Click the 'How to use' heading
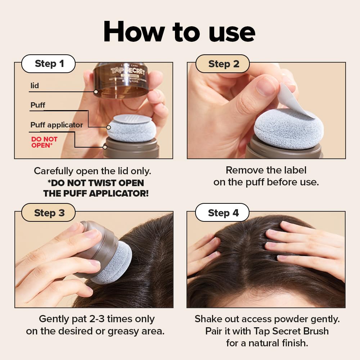click(x=179, y=32)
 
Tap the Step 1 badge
click(x=49, y=64)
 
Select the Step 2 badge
click(x=223, y=64)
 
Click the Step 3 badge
click(x=49, y=213)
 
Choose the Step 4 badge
click(x=223, y=213)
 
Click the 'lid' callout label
click(x=35, y=86)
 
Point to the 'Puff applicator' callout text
click(x=57, y=125)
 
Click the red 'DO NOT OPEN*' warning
click(x=44, y=142)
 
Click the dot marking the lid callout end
click(x=96, y=92)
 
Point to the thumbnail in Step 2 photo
click(x=266, y=86)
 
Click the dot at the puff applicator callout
click(x=105, y=147)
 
